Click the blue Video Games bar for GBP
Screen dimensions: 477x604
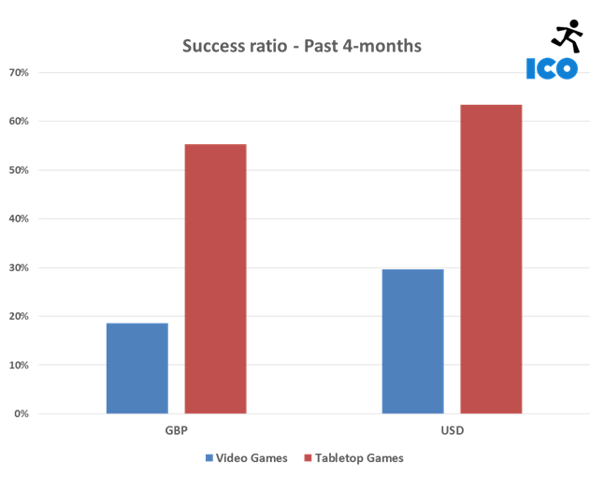point(137,368)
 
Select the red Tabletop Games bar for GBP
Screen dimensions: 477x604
point(215,279)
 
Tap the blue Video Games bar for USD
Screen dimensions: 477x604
point(413,340)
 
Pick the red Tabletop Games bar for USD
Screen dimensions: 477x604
point(491,259)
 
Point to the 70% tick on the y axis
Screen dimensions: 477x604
point(19,73)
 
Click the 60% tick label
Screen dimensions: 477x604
point(19,122)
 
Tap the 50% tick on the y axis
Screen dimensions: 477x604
point(19,170)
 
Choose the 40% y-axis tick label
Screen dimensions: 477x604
point(19,219)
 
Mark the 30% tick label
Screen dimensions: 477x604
point(19,267)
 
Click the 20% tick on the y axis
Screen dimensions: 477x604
point(19,316)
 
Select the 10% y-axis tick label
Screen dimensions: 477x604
point(19,365)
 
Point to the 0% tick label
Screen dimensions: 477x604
point(22,413)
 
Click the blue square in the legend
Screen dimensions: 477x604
point(209,458)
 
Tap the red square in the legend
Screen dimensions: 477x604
point(309,458)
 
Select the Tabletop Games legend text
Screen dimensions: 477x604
point(361,458)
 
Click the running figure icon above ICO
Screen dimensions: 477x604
point(567,36)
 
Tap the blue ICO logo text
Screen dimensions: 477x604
point(552,67)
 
